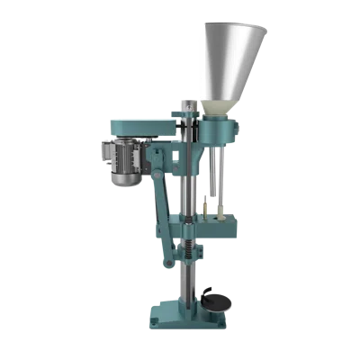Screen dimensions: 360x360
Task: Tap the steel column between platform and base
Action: click(188, 288)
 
